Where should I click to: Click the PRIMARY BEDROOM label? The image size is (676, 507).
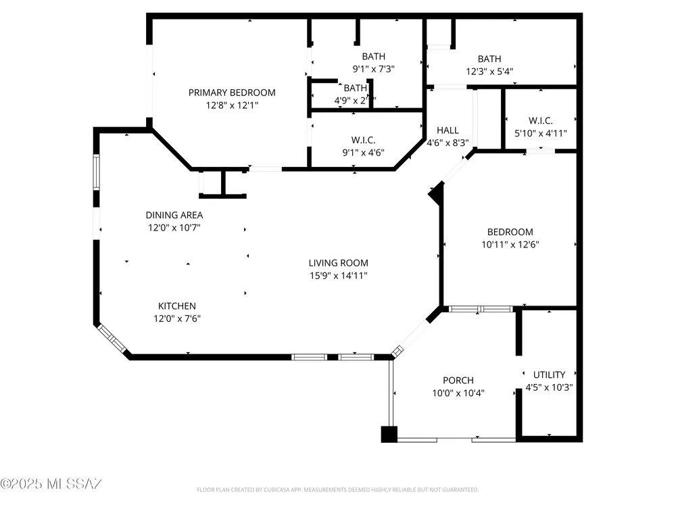click(x=232, y=93)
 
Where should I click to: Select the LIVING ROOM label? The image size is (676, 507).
click(x=339, y=263)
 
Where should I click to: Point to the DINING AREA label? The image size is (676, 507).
click(x=174, y=215)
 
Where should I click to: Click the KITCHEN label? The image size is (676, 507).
click(x=177, y=306)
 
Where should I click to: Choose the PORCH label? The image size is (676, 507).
click(x=458, y=380)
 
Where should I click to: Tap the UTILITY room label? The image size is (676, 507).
click(x=550, y=375)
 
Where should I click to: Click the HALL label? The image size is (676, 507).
click(x=448, y=130)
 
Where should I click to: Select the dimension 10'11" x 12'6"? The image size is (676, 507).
click(x=510, y=245)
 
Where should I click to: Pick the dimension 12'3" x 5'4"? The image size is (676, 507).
click(x=489, y=71)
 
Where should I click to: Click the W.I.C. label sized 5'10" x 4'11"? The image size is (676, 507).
click(x=541, y=121)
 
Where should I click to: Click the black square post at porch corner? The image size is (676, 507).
click(x=389, y=434)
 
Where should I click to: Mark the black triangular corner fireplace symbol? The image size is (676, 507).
click(x=437, y=195)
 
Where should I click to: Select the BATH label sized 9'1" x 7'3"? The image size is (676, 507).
click(x=373, y=56)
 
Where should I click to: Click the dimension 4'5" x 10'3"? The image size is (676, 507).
click(x=550, y=387)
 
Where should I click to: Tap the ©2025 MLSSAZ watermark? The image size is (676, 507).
click(x=51, y=484)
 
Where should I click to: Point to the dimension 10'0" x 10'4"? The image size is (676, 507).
click(x=458, y=392)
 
